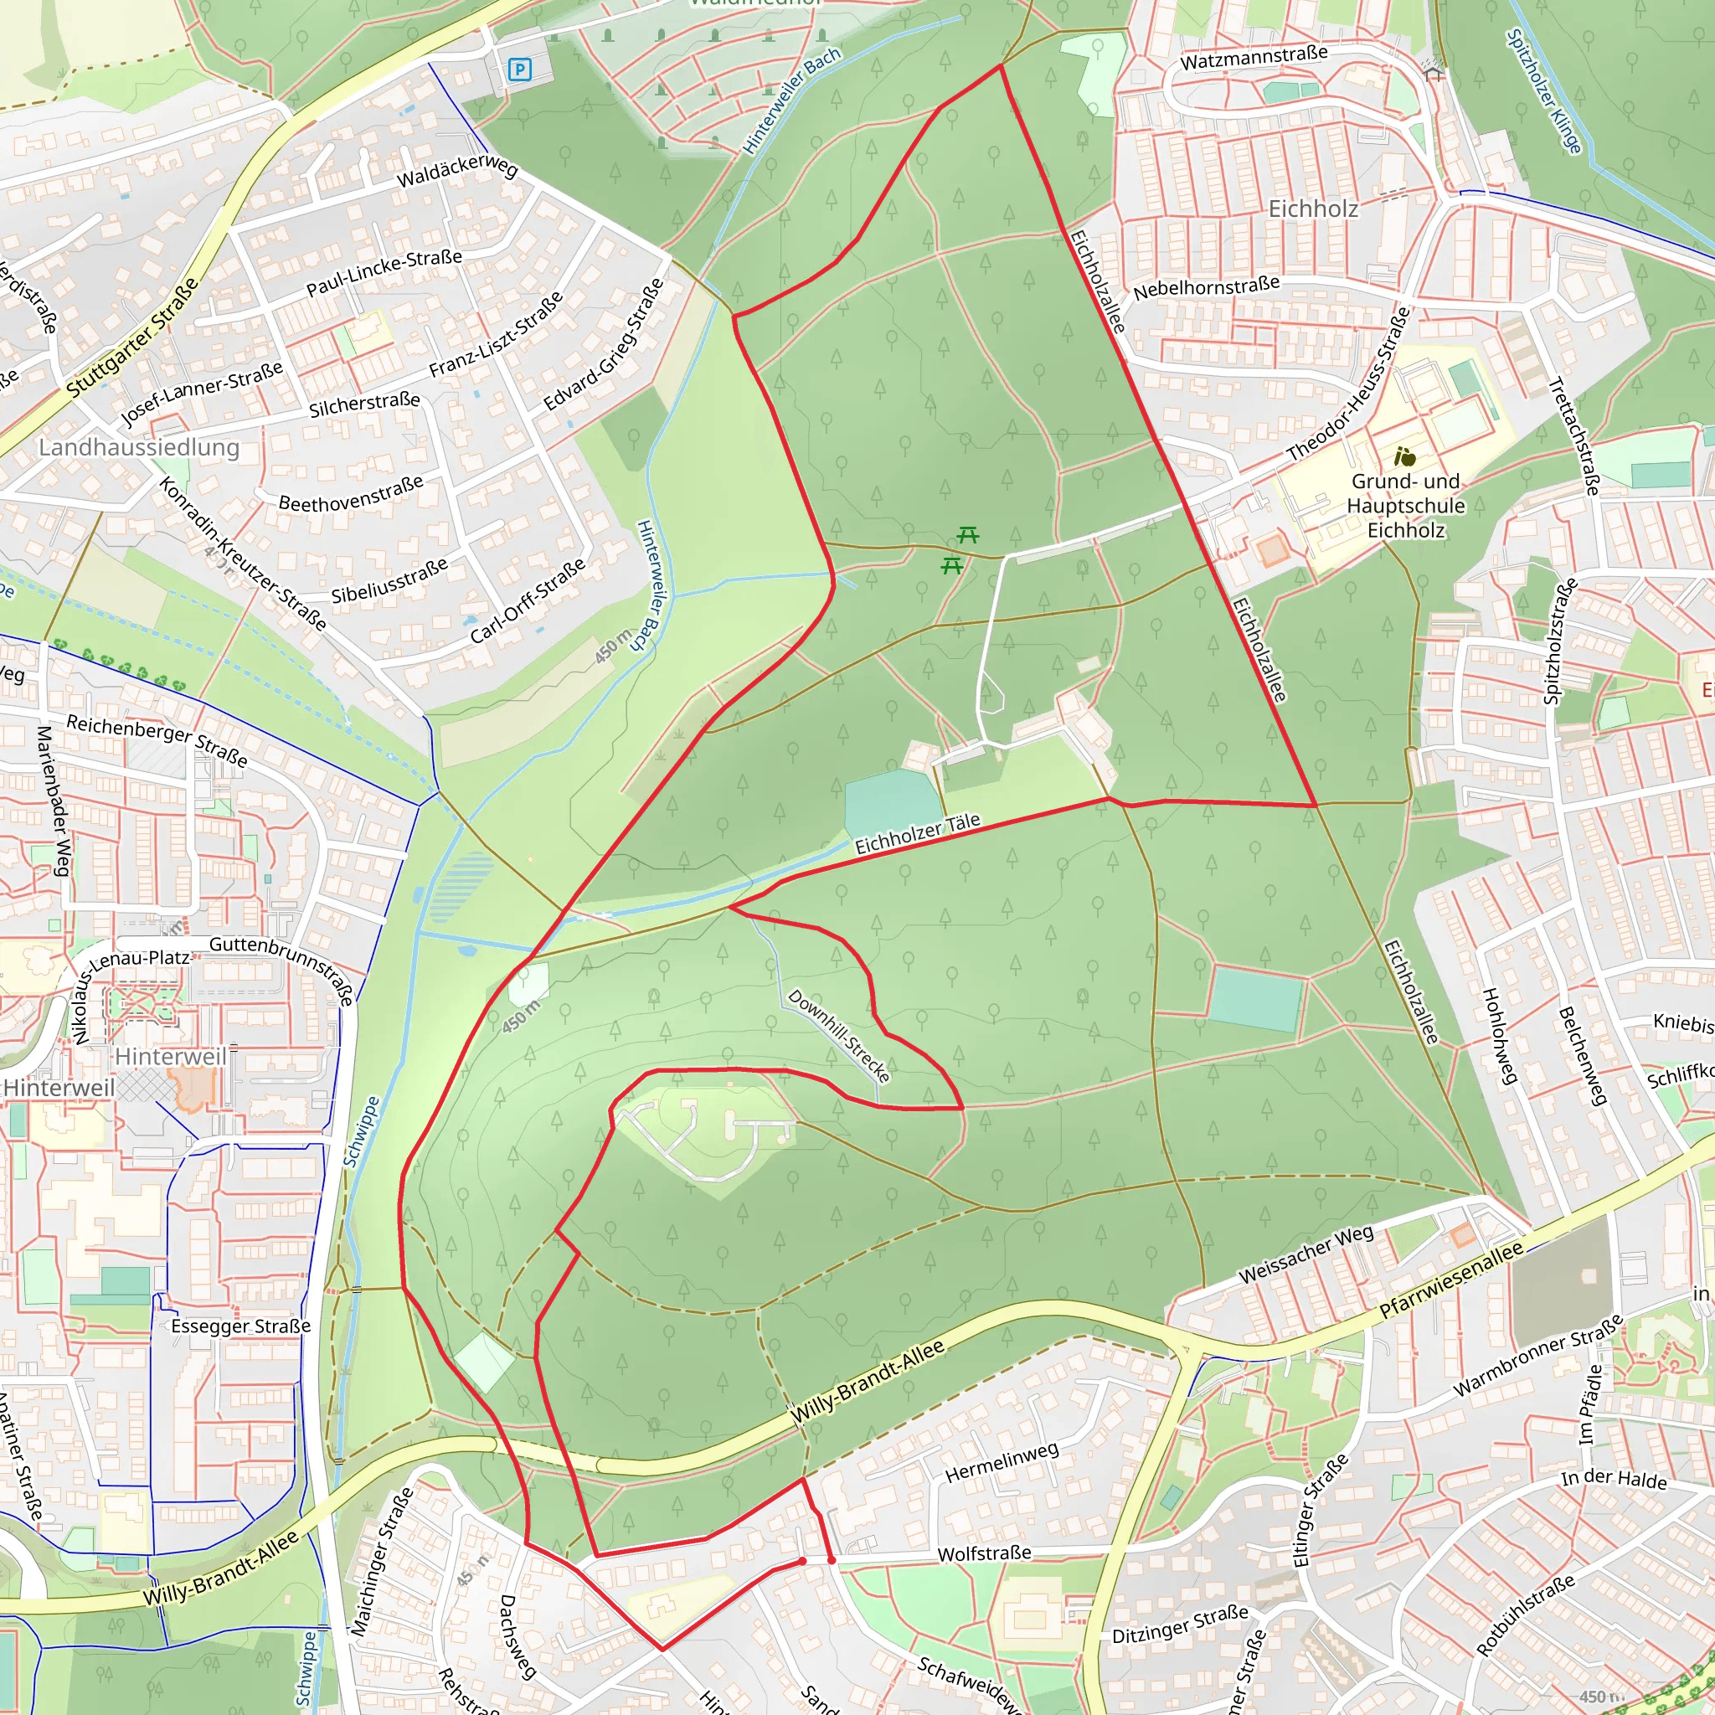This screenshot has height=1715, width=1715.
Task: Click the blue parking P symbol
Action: coord(519,70)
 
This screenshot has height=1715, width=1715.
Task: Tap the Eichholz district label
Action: coord(1313,209)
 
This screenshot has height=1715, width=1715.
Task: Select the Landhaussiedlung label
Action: coord(139,447)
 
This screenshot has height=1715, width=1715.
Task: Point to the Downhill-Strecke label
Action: coord(839,1036)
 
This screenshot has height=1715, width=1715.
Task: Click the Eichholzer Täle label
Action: coord(918,833)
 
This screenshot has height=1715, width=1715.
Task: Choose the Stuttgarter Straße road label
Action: coord(133,338)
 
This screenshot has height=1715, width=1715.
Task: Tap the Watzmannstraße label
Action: coord(1254,58)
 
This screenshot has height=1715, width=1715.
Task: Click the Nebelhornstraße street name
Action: coord(1207,287)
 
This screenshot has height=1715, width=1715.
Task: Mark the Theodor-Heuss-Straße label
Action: coord(1348,384)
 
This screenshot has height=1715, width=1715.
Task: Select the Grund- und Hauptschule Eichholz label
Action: coord(1405,506)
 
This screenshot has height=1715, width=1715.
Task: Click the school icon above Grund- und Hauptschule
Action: coord(1404,457)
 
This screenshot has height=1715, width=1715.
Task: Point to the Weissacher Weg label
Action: coord(1306,1254)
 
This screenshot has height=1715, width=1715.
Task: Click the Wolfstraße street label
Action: coord(985,1553)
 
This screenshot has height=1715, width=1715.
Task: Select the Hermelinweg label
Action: coord(1002,1462)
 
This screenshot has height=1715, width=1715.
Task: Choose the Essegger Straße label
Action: coord(240,1326)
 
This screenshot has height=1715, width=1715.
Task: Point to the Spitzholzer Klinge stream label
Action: coord(1543,90)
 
